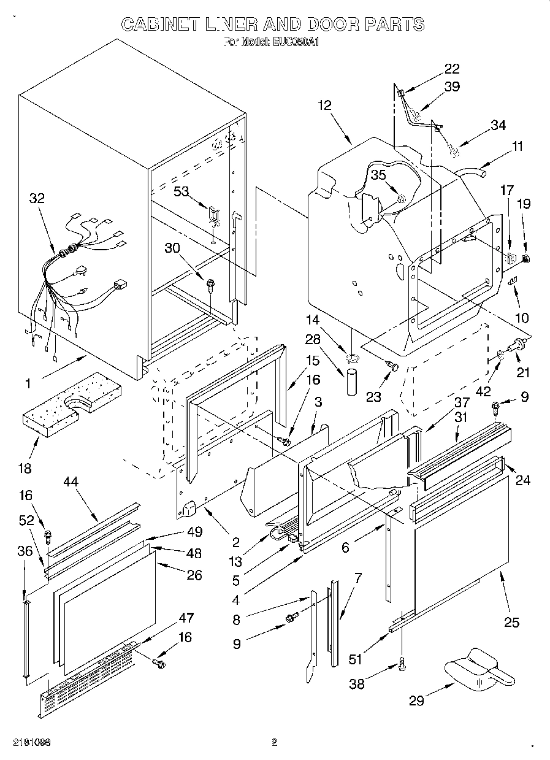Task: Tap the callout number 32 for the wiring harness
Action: [x=37, y=198]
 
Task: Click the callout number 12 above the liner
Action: [x=324, y=105]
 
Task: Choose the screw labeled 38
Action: [x=402, y=663]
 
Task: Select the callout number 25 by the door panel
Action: [x=511, y=623]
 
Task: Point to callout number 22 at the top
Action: [x=451, y=68]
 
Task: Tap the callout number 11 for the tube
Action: [x=518, y=147]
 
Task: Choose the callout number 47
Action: [x=185, y=618]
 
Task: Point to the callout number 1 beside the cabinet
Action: [x=27, y=384]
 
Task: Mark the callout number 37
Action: [x=462, y=402]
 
